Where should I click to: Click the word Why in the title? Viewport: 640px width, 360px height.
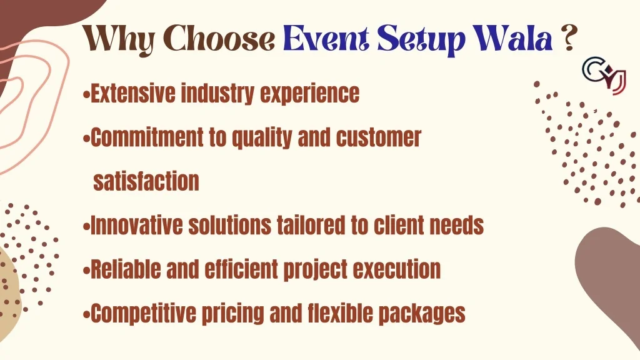[119, 39]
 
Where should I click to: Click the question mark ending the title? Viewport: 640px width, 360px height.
[569, 38]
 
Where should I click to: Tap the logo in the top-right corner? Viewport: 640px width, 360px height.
[604, 76]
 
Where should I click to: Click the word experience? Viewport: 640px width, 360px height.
[310, 94]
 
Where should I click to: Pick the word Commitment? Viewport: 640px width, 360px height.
[146, 137]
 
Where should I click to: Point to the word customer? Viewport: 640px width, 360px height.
[378, 137]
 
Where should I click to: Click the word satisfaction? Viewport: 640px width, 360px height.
[146, 181]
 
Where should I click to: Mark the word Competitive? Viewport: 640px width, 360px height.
[143, 314]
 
